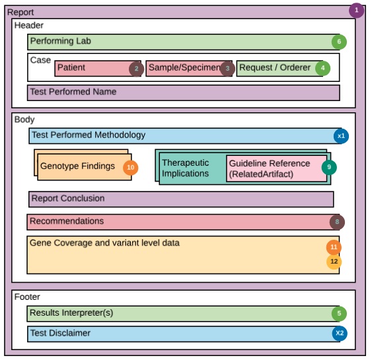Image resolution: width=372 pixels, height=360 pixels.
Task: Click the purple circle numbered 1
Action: [x=357, y=10]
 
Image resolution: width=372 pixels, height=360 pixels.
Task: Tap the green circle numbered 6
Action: [x=339, y=42]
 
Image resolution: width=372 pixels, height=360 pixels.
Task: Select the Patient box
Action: [x=93, y=68]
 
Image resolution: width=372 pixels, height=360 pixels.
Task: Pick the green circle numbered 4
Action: [x=322, y=67]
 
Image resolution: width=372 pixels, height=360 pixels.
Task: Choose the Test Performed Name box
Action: [x=184, y=92]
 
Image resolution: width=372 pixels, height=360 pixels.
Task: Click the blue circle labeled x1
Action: [x=341, y=136]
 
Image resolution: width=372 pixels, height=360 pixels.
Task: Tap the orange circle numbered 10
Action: [x=130, y=168]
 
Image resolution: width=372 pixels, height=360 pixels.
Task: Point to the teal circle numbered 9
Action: [x=329, y=167]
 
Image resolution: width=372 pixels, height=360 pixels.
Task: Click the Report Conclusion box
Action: [x=181, y=199]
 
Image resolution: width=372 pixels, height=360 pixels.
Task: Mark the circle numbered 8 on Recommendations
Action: [x=337, y=222]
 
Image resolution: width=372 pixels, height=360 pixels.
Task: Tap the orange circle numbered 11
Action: [x=334, y=247]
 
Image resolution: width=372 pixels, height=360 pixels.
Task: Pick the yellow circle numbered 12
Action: [x=334, y=262]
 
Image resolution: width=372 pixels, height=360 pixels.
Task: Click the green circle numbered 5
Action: [x=339, y=314]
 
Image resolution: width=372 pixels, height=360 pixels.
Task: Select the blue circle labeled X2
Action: [x=340, y=334]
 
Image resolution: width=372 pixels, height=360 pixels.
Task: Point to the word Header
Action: [x=29, y=25]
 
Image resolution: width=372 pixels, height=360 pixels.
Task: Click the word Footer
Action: [x=28, y=297]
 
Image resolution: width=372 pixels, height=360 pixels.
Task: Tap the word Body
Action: [x=24, y=120]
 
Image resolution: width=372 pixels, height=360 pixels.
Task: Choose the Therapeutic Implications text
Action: [x=186, y=168]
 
